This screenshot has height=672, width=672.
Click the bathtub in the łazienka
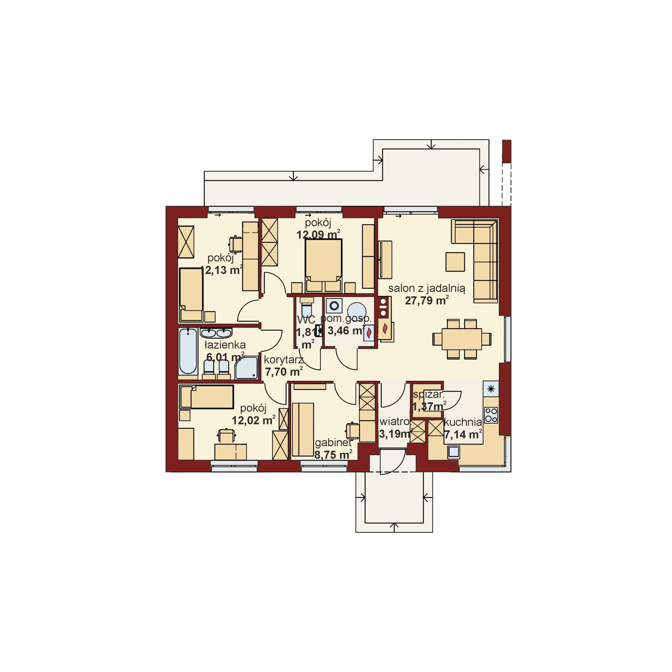pyautogui.click(x=188, y=352)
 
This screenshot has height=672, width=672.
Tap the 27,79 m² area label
pyautogui.click(x=427, y=300)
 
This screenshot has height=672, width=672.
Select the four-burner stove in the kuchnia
pyautogui.click(x=491, y=415)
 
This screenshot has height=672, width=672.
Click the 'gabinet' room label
pyautogui.click(x=333, y=443)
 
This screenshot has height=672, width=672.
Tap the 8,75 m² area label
pyautogui.click(x=334, y=454)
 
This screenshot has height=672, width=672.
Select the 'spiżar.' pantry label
pyautogui.click(x=428, y=394)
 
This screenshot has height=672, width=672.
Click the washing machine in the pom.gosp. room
pyautogui.click(x=334, y=306)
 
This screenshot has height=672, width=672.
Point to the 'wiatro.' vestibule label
pyautogui.click(x=394, y=422)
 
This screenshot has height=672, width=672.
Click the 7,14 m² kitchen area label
pyautogui.click(x=462, y=434)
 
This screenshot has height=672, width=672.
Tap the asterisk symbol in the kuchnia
pyautogui.click(x=491, y=388)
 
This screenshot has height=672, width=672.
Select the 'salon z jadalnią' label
pyautogui.click(x=426, y=288)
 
